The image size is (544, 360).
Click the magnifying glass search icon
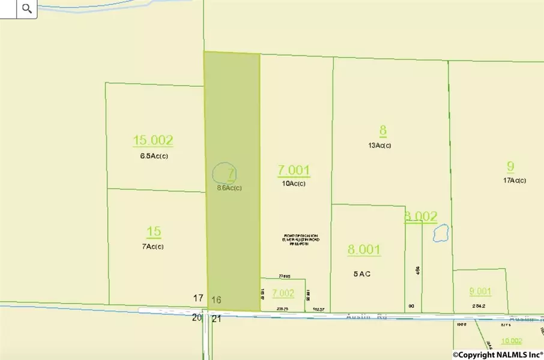[26, 8]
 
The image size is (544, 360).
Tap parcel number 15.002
[153, 140]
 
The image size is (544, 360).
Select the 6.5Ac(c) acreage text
[153, 156]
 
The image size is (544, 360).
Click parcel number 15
[154, 232]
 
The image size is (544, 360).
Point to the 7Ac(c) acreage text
[154, 247]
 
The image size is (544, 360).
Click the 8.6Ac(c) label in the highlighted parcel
[229, 188]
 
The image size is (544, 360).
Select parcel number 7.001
[294, 170]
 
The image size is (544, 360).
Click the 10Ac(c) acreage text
[294, 184]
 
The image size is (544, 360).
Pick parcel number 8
[383, 130]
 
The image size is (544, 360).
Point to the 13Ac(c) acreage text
[383, 145]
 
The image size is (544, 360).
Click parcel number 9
[510, 166]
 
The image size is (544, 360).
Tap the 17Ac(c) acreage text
[515, 181]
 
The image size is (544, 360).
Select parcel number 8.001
[364, 250]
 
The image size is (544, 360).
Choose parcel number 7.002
[283, 293]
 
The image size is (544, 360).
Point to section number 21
[217, 319]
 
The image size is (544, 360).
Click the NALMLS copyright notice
[498, 354]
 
